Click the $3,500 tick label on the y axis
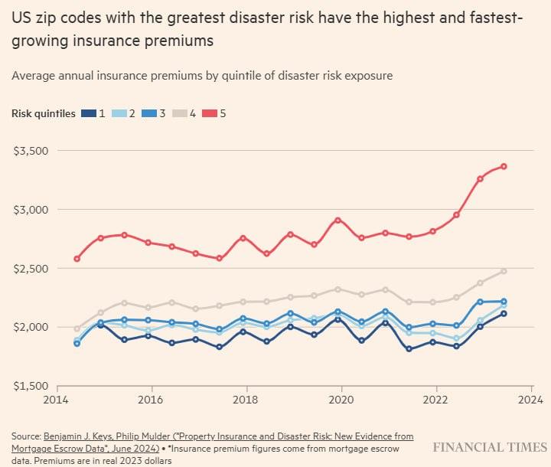31,151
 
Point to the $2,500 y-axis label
31,269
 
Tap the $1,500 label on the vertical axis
31,386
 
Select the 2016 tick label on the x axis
151,400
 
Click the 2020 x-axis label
341,400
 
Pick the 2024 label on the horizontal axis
530,400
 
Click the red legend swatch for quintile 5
210,113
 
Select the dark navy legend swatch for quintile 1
89,113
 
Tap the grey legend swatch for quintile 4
180,113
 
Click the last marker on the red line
504,166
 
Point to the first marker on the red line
77,259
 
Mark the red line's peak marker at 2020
337,220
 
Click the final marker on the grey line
504,271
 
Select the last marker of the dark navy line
504,314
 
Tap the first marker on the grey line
77,328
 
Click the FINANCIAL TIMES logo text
490,447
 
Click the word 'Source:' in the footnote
26,436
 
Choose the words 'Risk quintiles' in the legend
43,113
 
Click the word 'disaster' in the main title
271,18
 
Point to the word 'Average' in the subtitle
34,76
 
